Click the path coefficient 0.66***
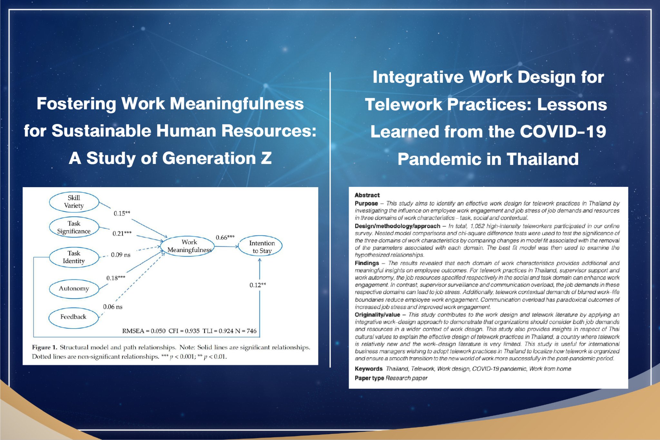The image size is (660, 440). (x=225, y=237)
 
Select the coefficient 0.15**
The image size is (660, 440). (x=122, y=213)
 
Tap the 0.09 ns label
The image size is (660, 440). (x=121, y=255)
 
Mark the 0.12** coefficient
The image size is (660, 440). (x=258, y=285)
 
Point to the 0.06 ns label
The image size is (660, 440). (x=112, y=307)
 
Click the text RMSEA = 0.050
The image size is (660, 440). (x=144, y=331)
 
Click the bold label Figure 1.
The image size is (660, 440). (x=44, y=347)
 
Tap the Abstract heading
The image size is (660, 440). (x=367, y=195)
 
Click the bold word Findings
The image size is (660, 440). (x=367, y=263)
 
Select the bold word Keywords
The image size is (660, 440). (x=369, y=369)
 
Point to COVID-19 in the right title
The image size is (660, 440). (x=563, y=132)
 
